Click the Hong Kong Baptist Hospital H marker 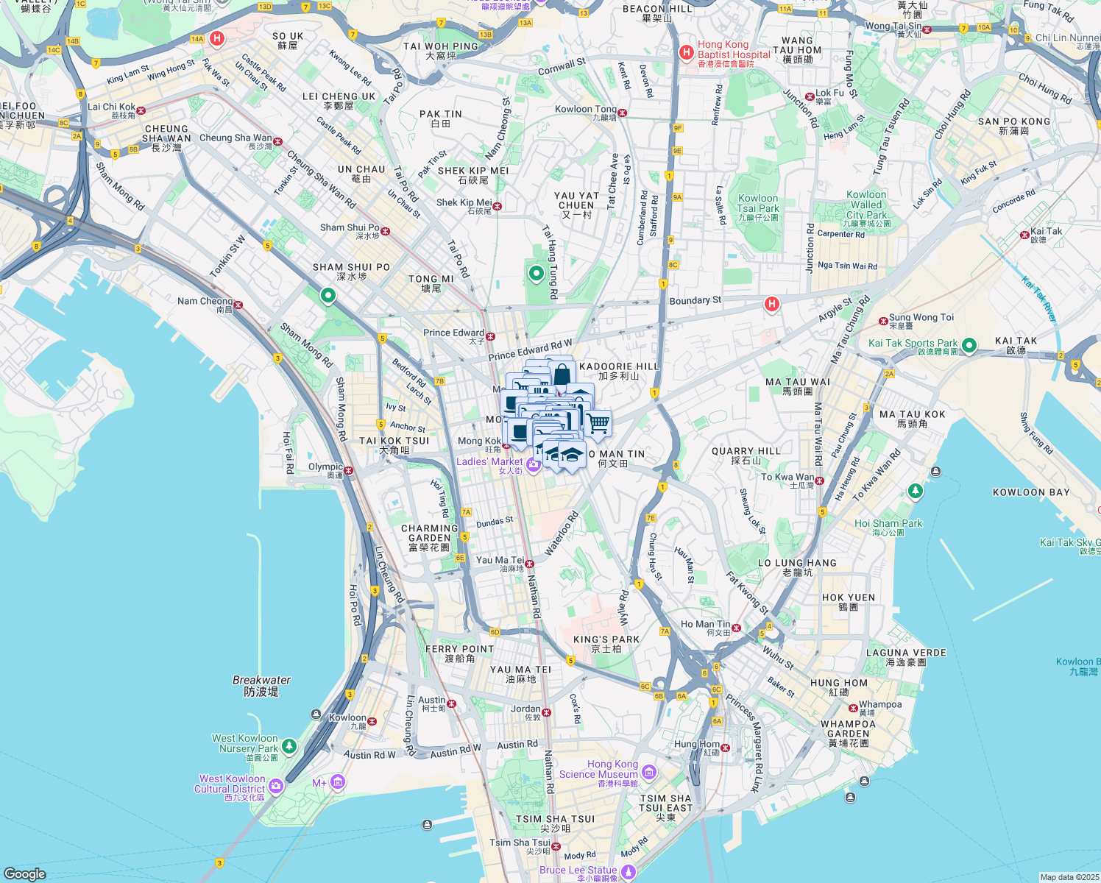point(686,52)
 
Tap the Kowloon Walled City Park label point(866,209)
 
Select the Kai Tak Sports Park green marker point(969,344)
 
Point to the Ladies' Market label point(489,462)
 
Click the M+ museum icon point(338,781)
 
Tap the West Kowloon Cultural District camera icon point(276,786)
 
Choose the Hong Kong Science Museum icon point(649,772)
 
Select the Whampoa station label point(880,704)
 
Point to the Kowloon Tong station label point(585,110)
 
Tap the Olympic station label point(325,467)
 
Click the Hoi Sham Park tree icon point(915,491)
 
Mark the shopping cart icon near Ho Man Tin point(598,423)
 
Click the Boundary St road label point(695,300)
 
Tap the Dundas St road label point(495,522)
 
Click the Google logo point(24,873)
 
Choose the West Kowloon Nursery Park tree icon point(289,747)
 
